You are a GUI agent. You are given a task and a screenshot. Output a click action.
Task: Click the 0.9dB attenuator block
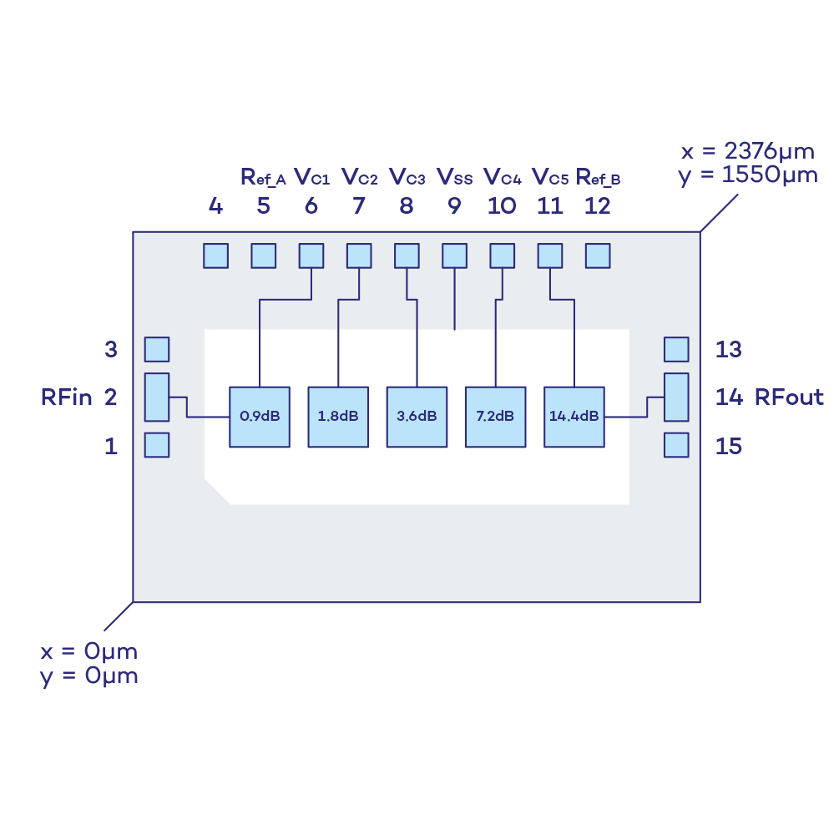(260, 417)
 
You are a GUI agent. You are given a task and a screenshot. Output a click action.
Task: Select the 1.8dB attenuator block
(338, 417)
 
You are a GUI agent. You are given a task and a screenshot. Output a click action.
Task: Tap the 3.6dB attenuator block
(417, 417)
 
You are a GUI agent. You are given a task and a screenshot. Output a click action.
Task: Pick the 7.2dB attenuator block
(495, 417)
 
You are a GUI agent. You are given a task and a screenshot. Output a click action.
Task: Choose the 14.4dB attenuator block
(574, 417)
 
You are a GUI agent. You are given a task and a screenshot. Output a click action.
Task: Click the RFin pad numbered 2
(157, 397)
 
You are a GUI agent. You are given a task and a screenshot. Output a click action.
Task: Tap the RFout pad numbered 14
(676, 397)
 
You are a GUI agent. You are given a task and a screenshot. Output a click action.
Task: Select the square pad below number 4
(215, 256)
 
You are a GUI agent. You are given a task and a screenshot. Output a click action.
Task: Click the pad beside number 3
(157, 349)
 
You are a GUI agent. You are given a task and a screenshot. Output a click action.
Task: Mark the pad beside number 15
(676, 445)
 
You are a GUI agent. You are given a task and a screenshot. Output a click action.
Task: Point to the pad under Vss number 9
(454, 256)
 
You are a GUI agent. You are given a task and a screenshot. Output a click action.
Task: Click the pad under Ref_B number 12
(598, 256)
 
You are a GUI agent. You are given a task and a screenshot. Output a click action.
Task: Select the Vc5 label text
(550, 178)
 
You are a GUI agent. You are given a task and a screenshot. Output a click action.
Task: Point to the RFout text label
(789, 397)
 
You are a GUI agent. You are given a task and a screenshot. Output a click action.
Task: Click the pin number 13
(728, 349)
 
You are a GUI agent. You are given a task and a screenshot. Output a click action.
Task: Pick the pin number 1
(111, 446)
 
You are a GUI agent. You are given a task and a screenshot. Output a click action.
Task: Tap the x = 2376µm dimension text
(748, 152)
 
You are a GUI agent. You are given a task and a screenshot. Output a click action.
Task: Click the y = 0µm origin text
(88, 676)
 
